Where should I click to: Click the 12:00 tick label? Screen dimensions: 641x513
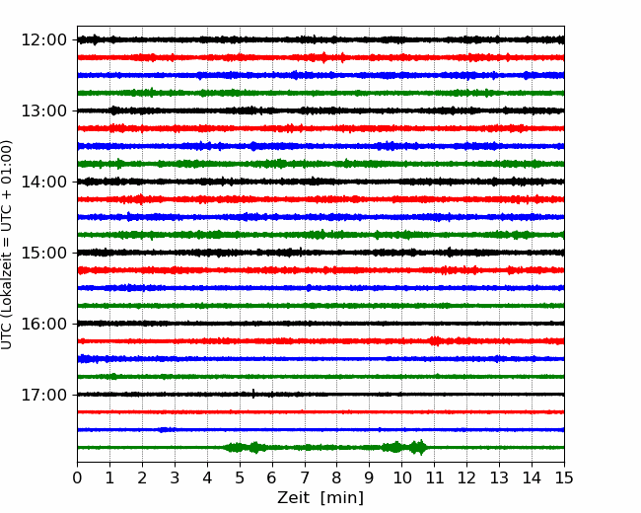coord(43,40)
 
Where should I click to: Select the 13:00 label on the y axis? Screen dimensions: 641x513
coord(43,110)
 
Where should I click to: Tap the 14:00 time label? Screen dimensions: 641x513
coord(43,182)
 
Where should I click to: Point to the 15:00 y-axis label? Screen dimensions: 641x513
coord(43,253)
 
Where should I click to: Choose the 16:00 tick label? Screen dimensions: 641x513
coord(43,324)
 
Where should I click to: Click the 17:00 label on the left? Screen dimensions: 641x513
coord(43,395)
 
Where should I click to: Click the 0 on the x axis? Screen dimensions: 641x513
coord(77,477)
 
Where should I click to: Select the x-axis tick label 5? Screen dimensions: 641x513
coord(240,477)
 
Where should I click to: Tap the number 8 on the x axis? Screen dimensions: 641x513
coord(337,477)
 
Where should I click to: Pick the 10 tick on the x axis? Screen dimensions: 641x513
coord(401,477)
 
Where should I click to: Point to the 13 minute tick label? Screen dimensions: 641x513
coord(499,477)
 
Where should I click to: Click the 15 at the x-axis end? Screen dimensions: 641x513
coord(564,477)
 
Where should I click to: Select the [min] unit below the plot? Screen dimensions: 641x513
coord(342,498)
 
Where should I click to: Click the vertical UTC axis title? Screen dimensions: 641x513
coord(7,245)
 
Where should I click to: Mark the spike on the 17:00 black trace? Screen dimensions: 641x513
coord(253,394)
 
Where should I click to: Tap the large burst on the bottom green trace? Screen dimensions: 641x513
coord(418,448)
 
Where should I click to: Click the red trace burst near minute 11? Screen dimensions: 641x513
coord(436,340)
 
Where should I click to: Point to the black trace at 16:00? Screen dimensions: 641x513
coord(320,324)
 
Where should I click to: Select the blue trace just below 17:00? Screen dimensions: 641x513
coord(320,429)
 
